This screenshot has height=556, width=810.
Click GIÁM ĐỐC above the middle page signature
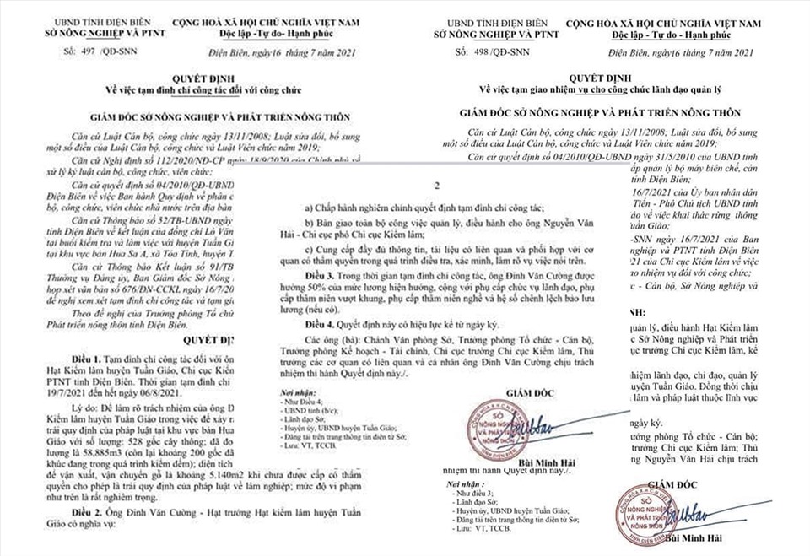click(x=535, y=392)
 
